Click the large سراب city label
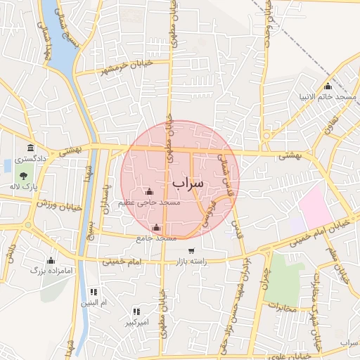coord(188,183)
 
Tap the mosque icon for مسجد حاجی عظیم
coord(148,192)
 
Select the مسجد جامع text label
coord(156,238)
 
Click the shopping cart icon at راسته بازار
coord(191,251)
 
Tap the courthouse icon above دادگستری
coord(31,148)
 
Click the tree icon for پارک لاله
coord(24,176)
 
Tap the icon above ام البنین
coord(94,292)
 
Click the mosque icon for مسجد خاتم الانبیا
coord(328,86)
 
